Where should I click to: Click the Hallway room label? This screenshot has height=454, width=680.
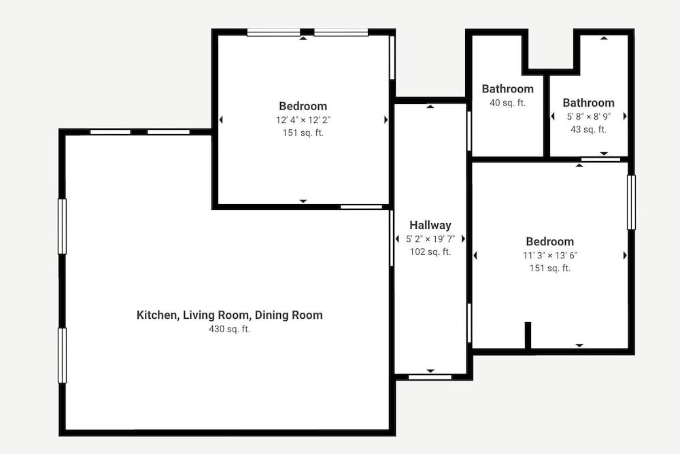430,225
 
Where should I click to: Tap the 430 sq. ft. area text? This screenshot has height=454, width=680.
229,329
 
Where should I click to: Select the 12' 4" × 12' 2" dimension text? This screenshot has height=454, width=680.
303,120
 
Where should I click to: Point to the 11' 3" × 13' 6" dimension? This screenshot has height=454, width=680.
550,255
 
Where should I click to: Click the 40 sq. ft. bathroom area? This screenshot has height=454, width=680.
507,103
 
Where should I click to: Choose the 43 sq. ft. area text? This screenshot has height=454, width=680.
588,129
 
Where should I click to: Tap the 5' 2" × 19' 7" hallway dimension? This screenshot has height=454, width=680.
430,239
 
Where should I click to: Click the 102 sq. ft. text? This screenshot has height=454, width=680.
430,251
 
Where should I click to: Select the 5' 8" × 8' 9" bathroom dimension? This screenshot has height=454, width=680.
588,116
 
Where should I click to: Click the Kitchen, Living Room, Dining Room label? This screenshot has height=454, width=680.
229,315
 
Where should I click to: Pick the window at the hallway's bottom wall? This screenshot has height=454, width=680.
430,377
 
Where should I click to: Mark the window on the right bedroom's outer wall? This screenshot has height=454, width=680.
632,202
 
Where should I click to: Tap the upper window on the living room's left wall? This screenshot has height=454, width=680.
62,226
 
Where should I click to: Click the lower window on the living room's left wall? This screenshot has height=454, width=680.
62,355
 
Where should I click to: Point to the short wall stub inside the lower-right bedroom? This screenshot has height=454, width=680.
528,335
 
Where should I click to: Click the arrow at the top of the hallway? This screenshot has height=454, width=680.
430,106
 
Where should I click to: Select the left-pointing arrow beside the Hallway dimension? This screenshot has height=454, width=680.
397,239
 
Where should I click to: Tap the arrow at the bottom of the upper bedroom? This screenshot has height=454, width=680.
303,201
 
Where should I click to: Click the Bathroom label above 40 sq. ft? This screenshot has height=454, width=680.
507,89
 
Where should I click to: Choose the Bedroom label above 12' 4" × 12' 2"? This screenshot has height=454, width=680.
303,106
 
